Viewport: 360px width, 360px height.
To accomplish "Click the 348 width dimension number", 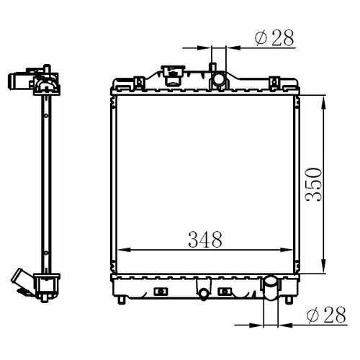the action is click(x=205, y=240).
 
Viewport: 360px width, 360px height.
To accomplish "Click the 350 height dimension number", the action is click(x=313, y=184).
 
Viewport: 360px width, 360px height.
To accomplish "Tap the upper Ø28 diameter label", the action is click(x=274, y=37).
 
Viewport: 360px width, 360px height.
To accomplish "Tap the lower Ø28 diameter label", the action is click(x=326, y=315).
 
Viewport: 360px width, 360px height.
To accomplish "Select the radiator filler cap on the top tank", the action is click(x=173, y=75).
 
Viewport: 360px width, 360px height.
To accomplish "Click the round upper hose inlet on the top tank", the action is click(x=219, y=78).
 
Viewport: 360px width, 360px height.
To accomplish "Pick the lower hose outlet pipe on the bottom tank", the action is click(x=271, y=288).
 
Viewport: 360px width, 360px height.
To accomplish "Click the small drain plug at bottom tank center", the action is click(x=204, y=294).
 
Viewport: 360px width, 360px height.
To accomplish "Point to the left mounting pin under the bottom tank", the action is click(x=122, y=300).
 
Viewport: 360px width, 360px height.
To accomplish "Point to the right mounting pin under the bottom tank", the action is click(x=289, y=300).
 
